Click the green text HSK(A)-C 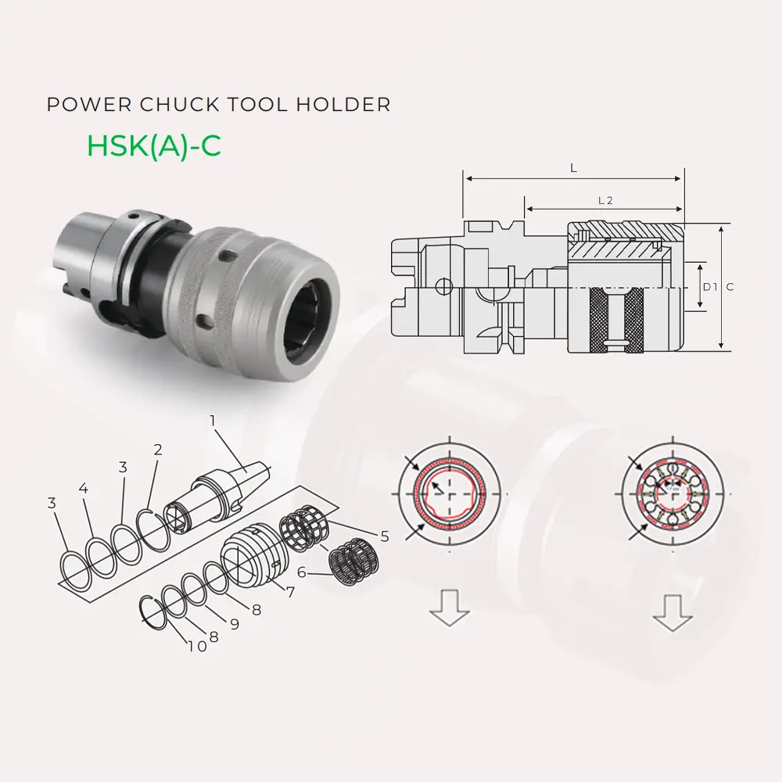(153, 146)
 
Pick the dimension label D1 (709, 287)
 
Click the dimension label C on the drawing (730, 287)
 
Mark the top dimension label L (574, 168)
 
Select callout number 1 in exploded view (212, 420)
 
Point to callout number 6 (302, 572)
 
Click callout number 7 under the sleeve (290, 592)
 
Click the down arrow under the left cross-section (450, 609)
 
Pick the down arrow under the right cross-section (673, 612)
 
